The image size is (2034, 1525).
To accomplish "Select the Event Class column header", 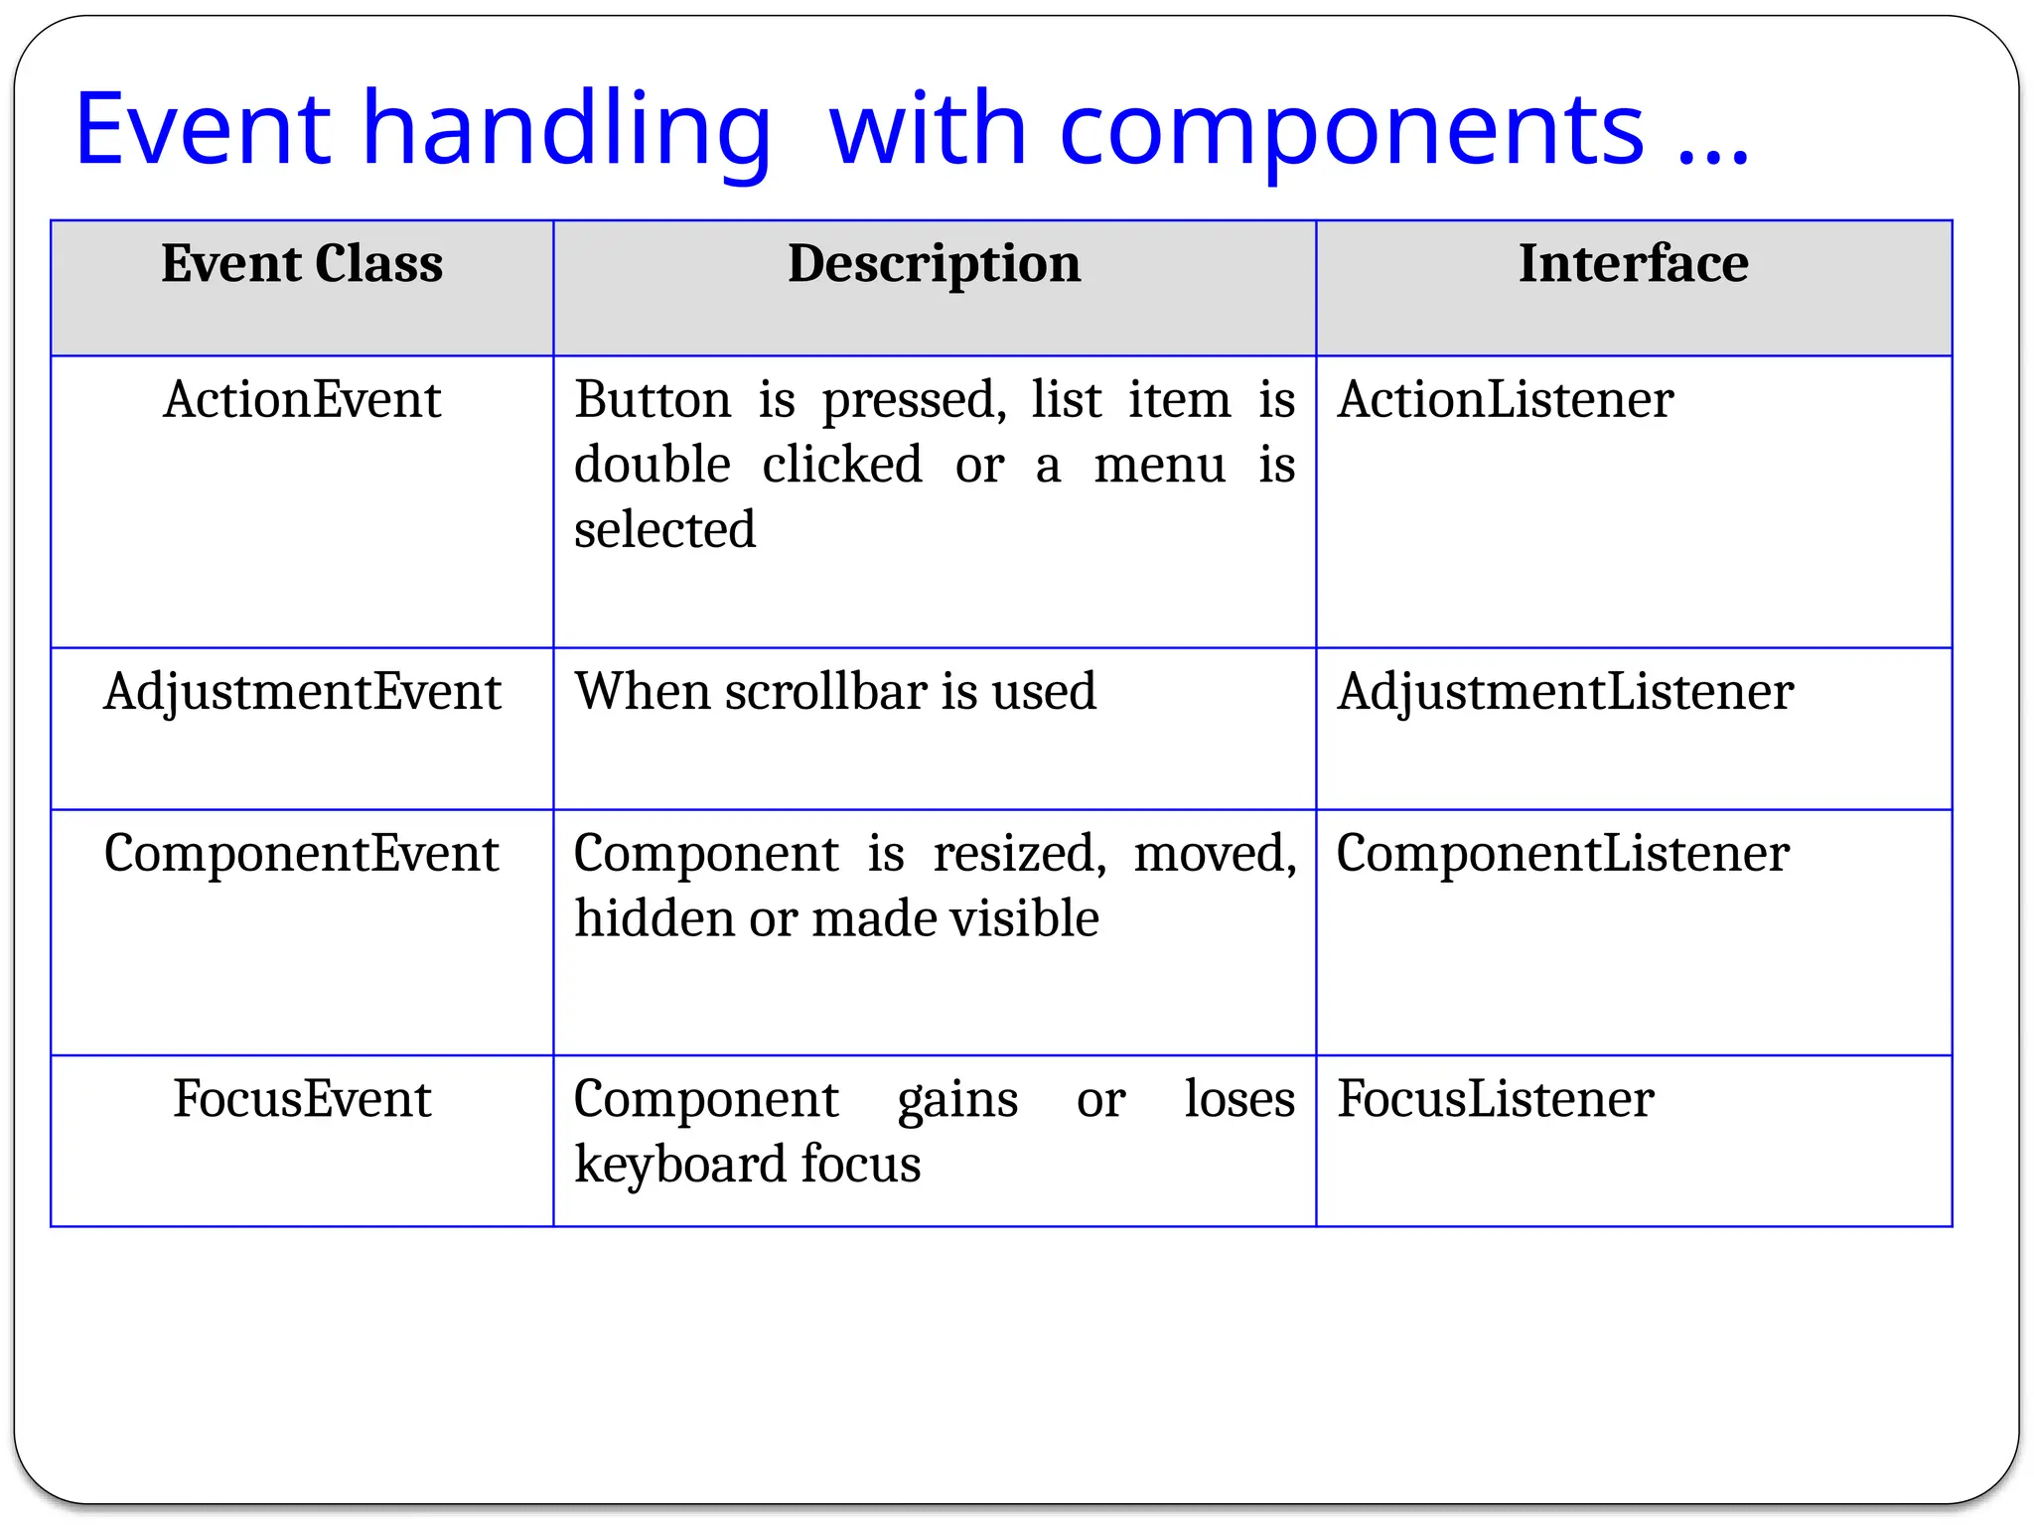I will [x=302, y=264].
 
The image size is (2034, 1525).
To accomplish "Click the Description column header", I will [x=934, y=264].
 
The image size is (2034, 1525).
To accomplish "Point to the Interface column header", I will [x=1633, y=264].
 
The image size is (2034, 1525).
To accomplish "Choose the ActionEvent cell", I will [x=302, y=400].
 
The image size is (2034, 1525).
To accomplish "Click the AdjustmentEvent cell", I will [x=302, y=692].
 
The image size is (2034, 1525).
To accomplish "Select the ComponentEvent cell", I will [x=302, y=854].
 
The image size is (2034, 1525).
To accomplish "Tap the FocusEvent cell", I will [x=302, y=1099].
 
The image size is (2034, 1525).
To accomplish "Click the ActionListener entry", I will [x=1505, y=400].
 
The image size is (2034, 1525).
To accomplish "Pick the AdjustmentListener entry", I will [x=1564, y=692].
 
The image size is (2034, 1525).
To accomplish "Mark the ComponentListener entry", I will [x=1562, y=854].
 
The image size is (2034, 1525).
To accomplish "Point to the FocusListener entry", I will [x=1495, y=1099].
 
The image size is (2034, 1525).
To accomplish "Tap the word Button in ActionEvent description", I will [x=653, y=400].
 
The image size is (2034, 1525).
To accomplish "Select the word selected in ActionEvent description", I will [x=664, y=530].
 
